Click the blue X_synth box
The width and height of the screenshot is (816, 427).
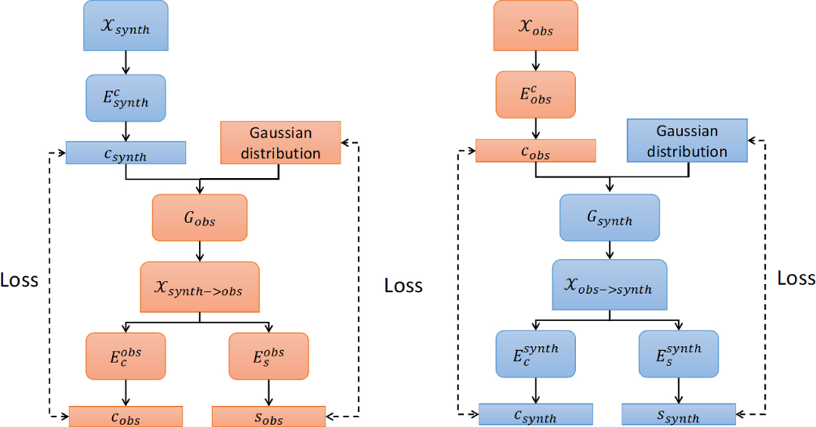125,25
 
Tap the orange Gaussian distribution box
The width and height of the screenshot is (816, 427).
280,143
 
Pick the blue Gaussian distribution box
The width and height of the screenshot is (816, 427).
686,141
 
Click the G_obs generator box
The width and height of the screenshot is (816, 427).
199,218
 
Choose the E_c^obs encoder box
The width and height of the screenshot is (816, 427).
125,356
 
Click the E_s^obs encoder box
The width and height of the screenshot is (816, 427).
269,356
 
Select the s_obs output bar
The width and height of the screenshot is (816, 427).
269,416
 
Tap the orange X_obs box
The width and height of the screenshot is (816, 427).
537,25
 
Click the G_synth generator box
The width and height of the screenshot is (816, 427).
609,218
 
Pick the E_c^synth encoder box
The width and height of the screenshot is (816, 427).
537,354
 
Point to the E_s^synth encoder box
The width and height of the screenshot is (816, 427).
679,354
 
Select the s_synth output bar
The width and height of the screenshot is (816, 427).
679,414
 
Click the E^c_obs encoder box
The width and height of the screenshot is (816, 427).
537,95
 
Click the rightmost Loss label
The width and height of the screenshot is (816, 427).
796,279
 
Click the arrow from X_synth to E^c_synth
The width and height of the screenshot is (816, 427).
125,62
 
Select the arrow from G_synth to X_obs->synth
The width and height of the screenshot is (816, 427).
609,250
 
